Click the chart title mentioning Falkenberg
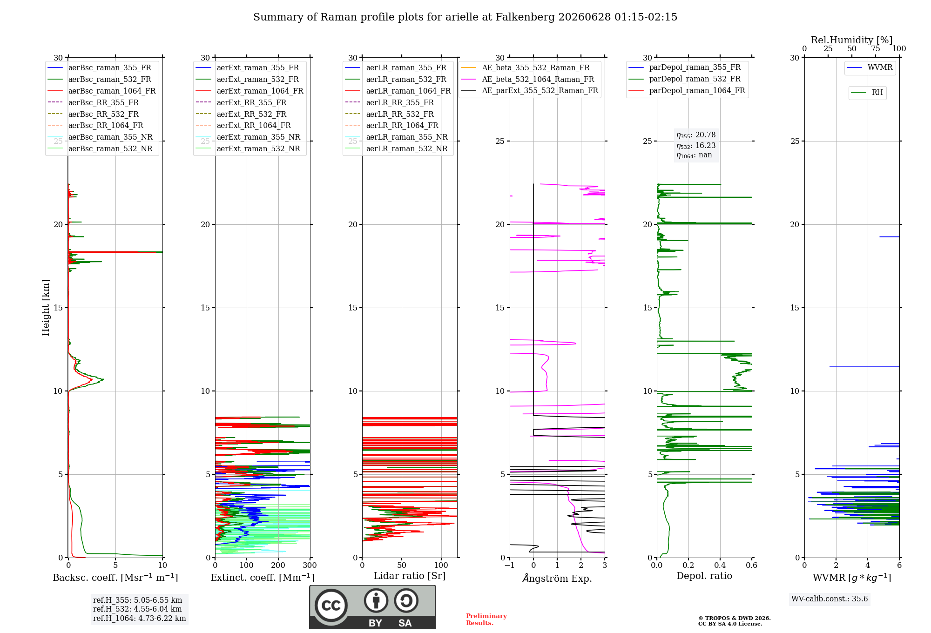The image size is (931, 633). [x=465, y=17]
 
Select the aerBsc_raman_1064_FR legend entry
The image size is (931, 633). [x=101, y=91]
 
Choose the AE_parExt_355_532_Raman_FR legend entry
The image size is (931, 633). [x=530, y=90]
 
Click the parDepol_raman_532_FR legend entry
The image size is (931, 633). [x=684, y=79]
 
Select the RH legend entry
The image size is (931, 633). [x=867, y=93]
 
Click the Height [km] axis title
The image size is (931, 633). [x=46, y=308]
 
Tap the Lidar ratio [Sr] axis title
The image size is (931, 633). [x=410, y=576]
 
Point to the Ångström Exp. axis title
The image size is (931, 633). [x=557, y=578]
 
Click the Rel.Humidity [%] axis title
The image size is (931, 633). [x=852, y=40]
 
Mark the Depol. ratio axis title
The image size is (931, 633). [x=704, y=576]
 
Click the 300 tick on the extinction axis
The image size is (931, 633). [x=310, y=566]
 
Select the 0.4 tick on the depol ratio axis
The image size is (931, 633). [x=720, y=566]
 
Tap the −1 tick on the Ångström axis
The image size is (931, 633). [x=509, y=566]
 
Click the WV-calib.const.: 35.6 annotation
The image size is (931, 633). [x=830, y=599]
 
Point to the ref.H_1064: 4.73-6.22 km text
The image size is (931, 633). [x=140, y=619]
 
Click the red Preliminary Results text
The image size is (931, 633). [x=486, y=620]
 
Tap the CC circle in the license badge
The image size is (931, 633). [x=331, y=605]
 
